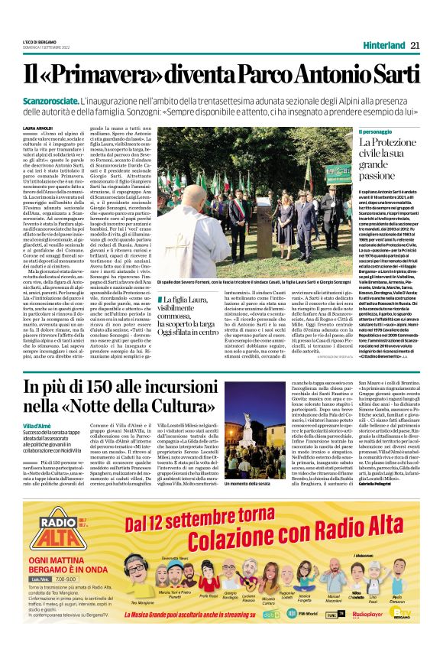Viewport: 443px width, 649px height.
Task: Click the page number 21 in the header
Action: [x=416, y=45]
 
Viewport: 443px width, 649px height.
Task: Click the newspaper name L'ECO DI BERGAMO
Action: [x=40, y=41]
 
